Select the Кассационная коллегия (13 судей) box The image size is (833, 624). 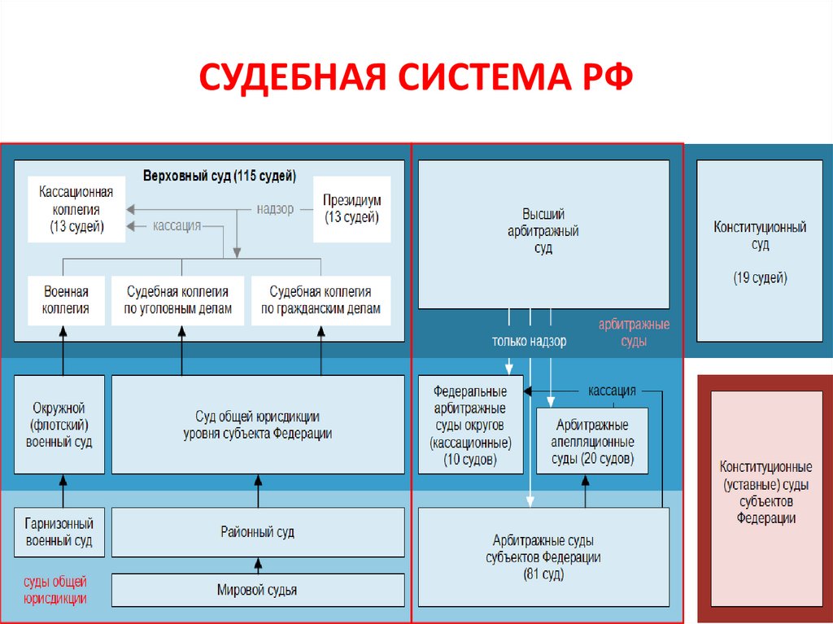coord(76,210)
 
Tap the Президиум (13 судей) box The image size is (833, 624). coord(351,210)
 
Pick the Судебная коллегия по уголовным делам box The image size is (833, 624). coord(177,300)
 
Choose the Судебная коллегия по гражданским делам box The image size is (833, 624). coord(321,300)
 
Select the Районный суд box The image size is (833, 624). coord(257,532)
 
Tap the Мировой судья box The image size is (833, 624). coord(257,590)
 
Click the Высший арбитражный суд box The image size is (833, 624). coord(543,233)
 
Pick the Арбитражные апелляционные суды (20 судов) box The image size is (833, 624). coord(592,441)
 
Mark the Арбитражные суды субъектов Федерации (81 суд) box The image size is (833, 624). coord(543,557)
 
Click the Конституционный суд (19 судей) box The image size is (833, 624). coord(760,251)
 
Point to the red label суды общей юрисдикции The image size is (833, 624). coord(55,590)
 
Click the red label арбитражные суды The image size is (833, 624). coord(634,333)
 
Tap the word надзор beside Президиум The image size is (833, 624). coord(275,209)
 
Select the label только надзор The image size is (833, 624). coord(529,342)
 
